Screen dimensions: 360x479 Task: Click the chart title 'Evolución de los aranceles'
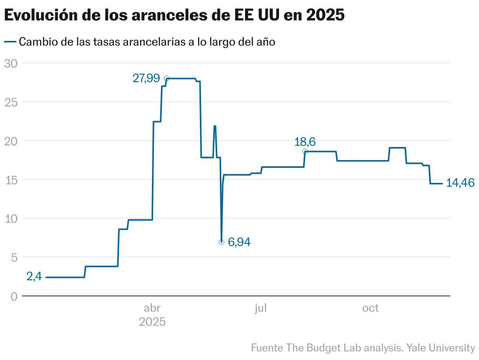pyautogui.click(x=174, y=15)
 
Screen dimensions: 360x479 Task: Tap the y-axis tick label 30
pyautogui.click(x=11, y=63)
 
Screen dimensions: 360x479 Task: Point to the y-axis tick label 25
pyautogui.click(x=11, y=102)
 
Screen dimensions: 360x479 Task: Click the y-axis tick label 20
pyautogui.click(x=11, y=141)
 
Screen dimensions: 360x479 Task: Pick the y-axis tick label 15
pyautogui.click(x=11, y=180)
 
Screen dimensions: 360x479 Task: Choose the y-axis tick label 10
pyautogui.click(x=11, y=219)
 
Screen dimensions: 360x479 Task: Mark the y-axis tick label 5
pyautogui.click(x=14, y=257)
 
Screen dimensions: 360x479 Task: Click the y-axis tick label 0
pyautogui.click(x=14, y=296)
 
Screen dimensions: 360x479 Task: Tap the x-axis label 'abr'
pyautogui.click(x=152, y=309)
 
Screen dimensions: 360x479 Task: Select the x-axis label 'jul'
pyautogui.click(x=260, y=309)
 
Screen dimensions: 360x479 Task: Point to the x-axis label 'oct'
pyautogui.click(x=370, y=309)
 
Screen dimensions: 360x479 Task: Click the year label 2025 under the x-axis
pyautogui.click(x=152, y=322)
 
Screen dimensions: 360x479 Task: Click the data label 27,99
pyautogui.click(x=146, y=79)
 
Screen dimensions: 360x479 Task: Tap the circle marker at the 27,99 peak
pyautogui.click(x=166, y=79)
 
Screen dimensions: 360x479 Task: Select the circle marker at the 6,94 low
pyautogui.click(x=221, y=242)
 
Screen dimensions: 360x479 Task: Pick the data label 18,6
pyautogui.click(x=305, y=142)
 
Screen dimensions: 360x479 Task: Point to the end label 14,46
pyautogui.click(x=461, y=183)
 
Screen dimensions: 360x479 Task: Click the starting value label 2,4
pyautogui.click(x=34, y=277)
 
